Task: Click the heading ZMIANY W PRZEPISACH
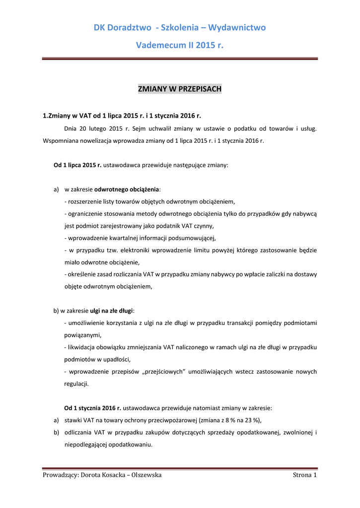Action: click(179, 89)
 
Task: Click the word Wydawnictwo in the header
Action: click(237, 27)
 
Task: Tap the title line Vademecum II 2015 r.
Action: click(179, 46)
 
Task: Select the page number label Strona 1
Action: click(305, 475)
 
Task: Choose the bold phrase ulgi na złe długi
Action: click(111, 311)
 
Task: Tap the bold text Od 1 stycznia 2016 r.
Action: click(93, 408)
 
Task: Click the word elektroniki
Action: click(132, 250)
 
